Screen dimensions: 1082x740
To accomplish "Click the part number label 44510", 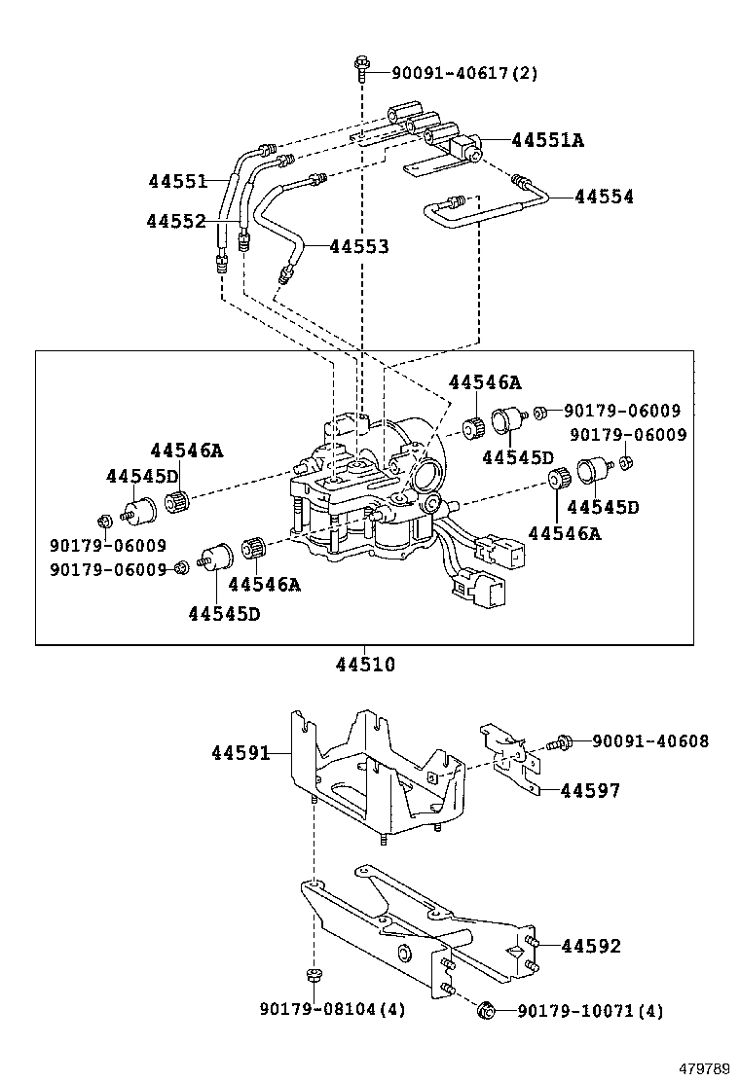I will [x=365, y=666].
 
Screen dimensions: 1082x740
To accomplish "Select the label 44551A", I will [x=547, y=140].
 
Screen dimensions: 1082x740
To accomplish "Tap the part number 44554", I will [x=604, y=197].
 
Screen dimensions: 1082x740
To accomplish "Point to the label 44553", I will [x=359, y=247].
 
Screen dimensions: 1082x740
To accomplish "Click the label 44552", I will [x=176, y=222].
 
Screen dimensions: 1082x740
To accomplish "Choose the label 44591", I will [x=241, y=753].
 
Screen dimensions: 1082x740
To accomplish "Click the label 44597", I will [x=590, y=791].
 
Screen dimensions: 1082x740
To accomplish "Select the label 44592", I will [x=591, y=946].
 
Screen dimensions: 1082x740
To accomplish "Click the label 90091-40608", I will [x=650, y=741].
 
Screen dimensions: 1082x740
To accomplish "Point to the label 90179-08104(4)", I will [x=332, y=1011].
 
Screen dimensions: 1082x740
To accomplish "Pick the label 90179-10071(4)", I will [x=589, y=1012].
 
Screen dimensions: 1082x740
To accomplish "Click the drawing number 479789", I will [x=703, y=1068].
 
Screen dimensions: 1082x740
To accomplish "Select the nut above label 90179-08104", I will [x=314, y=976].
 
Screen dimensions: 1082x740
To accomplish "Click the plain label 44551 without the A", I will [x=176, y=181].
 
